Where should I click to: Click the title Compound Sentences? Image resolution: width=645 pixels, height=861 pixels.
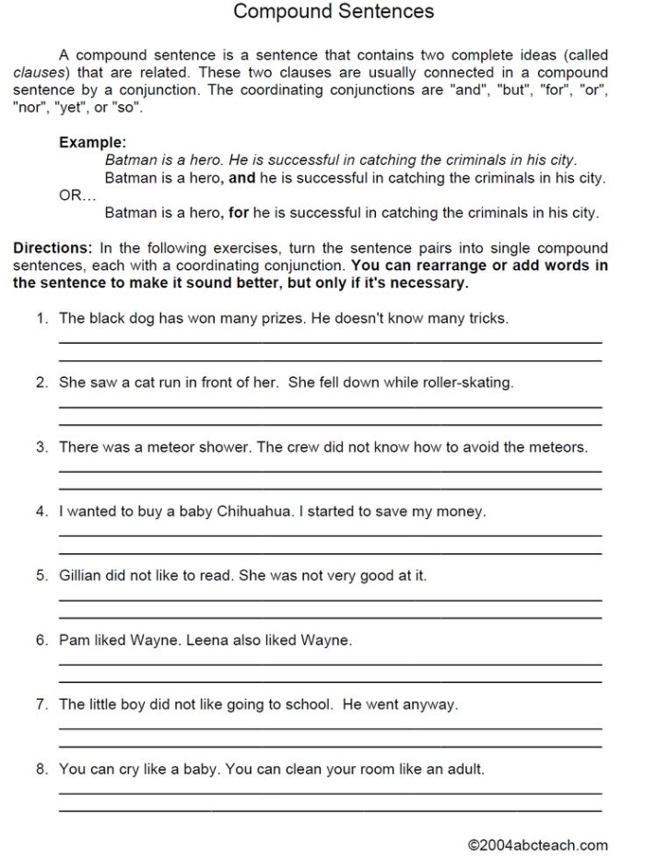(x=333, y=12)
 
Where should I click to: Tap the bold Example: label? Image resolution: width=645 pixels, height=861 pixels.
(x=92, y=143)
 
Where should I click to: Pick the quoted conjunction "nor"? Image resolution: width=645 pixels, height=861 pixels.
(x=29, y=107)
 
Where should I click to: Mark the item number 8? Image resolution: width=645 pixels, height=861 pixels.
(x=41, y=768)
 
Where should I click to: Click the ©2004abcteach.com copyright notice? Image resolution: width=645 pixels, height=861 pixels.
(x=537, y=844)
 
